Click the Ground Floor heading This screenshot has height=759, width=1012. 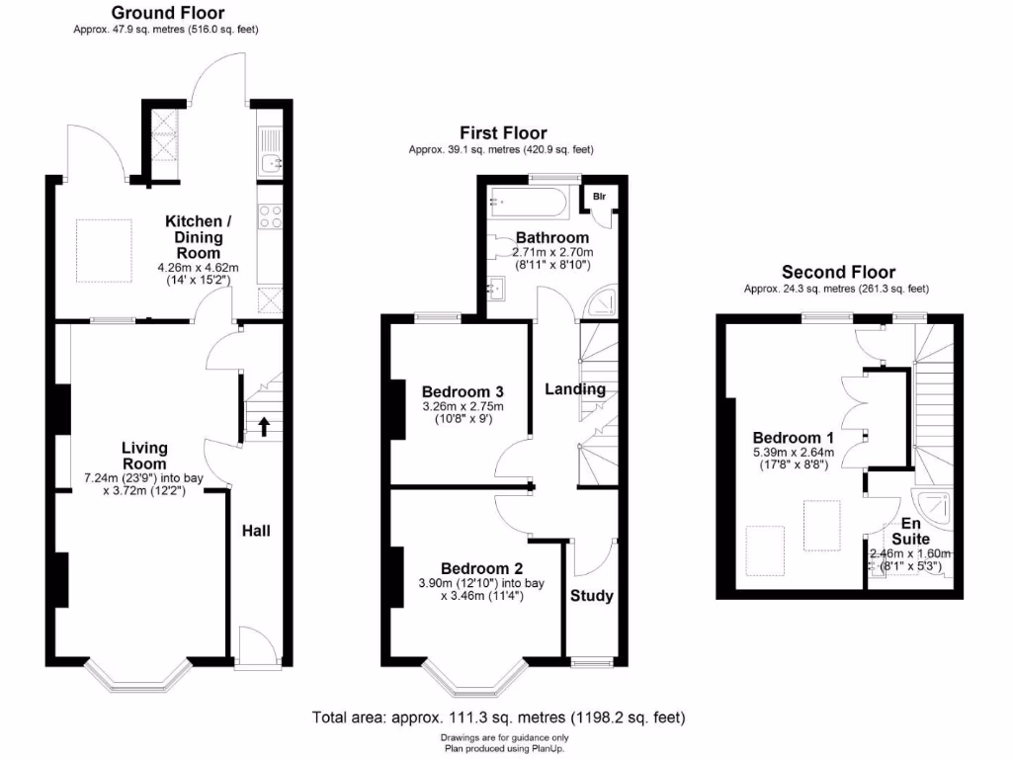coord(167,13)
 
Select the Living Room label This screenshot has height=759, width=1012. coord(144,456)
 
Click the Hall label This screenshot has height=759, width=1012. coord(256,531)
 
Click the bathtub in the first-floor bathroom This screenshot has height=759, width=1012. coord(526,206)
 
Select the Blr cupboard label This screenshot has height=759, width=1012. coord(599,197)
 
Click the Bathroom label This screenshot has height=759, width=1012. coord(551,237)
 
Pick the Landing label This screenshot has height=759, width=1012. coord(575,389)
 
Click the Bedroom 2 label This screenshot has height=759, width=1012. coord(481,568)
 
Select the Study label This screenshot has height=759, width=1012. coord(592,596)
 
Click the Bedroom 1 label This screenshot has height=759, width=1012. coord(787,438)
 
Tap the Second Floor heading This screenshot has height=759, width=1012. coord(838,272)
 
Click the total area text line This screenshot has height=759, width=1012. coord(498,717)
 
